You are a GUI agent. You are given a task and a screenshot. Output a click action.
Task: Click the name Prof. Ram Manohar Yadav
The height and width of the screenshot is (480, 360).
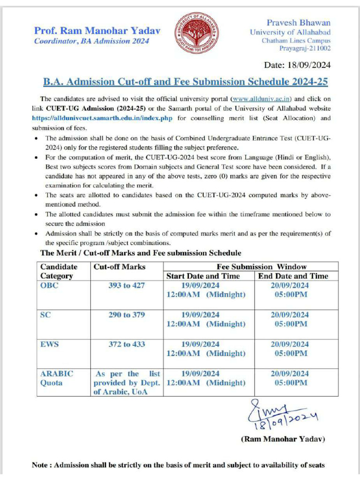pos(97,31)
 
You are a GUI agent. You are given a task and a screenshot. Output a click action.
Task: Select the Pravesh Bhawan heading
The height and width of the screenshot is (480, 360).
pos(298,22)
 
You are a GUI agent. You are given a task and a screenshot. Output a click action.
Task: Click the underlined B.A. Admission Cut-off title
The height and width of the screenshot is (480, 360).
pos(185,82)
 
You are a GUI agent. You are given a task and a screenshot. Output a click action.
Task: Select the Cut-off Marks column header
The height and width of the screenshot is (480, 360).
pos(120,267)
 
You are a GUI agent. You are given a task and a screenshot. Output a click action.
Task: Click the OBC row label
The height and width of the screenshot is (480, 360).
pos(50,285)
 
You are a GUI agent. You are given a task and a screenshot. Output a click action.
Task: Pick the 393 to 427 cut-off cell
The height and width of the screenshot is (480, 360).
pos(126,285)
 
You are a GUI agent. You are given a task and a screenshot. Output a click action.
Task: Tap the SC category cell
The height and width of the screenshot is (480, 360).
pos(45,315)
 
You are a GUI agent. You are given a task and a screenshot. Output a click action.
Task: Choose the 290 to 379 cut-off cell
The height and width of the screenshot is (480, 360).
pos(126,315)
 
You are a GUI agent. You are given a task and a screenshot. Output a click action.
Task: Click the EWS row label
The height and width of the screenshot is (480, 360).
pos(49,344)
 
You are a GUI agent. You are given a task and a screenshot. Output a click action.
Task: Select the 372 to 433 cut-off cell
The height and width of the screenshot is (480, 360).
pos(126,344)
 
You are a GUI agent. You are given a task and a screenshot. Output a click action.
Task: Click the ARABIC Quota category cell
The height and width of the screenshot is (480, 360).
pos(57,378)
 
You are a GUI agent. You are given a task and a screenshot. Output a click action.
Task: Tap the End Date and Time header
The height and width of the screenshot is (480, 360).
pos(293,276)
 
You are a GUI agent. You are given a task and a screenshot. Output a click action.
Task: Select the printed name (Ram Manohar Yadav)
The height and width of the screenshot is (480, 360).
pos(283,439)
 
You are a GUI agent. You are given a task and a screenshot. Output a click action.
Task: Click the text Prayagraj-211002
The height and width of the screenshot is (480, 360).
pos(305,48)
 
